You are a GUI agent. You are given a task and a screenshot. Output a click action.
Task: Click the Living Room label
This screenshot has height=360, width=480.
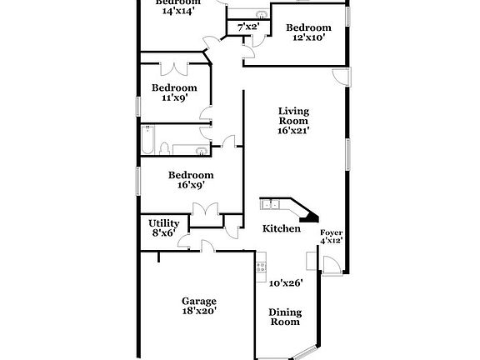click(x=294, y=116)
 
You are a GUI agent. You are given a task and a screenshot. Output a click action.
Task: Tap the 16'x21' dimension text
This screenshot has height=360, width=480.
click(x=294, y=131)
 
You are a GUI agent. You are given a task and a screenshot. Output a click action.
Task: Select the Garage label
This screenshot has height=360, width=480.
click(x=199, y=301)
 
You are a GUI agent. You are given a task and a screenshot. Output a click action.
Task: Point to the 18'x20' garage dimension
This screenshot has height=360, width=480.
click(x=199, y=311)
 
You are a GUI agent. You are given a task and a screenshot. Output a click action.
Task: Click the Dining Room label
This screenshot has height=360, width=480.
click(x=283, y=317)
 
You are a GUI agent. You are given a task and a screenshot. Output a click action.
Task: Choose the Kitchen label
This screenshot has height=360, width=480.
click(x=281, y=228)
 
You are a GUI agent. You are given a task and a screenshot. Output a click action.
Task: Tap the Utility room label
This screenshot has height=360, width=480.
click(x=164, y=223)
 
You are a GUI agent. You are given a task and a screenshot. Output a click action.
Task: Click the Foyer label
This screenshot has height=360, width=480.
click(x=332, y=232)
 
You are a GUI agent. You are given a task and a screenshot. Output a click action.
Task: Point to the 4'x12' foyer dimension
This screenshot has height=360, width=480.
click(x=332, y=241)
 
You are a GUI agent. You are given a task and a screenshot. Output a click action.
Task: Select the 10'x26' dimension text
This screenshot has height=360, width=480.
click(x=285, y=282)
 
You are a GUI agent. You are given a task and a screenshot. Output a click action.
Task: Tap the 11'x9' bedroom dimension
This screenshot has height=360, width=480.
click(x=174, y=97)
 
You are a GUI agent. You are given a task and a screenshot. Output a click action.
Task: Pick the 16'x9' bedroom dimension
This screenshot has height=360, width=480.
click(x=191, y=185)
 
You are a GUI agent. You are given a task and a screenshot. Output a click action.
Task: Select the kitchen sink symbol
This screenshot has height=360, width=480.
click(x=272, y=203)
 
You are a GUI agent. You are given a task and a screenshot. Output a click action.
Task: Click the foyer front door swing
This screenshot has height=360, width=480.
click(x=330, y=264)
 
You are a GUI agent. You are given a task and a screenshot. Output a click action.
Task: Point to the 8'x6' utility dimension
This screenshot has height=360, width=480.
click(x=164, y=233)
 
